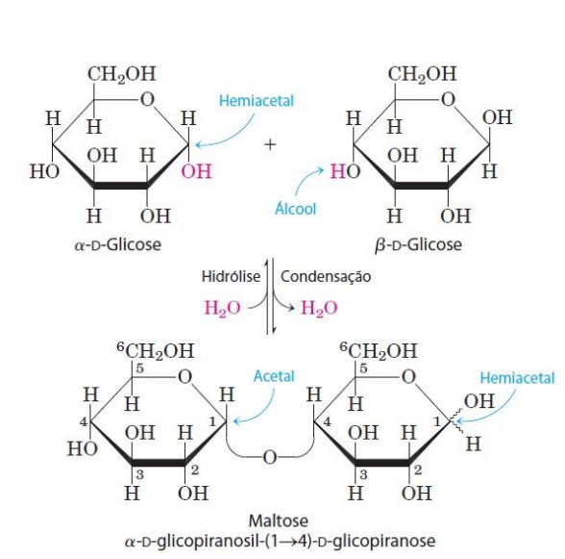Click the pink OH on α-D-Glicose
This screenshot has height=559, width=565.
(x=196, y=171)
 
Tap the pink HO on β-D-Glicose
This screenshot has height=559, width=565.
(x=345, y=171)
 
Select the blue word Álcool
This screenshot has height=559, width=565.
(x=296, y=208)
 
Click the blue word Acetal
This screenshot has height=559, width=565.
(x=274, y=376)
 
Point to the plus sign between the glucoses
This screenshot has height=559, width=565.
(x=270, y=144)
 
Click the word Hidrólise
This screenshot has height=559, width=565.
(x=231, y=277)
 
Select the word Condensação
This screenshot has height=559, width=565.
(x=326, y=277)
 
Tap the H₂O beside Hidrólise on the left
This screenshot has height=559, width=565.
(x=222, y=309)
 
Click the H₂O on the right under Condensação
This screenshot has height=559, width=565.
(x=319, y=309)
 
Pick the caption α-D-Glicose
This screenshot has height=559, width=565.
(x=118, y=244)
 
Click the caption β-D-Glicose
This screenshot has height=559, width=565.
(x=418, y=244)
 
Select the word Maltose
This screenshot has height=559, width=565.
(x=279, y=521)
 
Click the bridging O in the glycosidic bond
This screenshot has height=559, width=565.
(x=270, y=457)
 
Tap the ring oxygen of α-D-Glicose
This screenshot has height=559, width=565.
(x=147, y=99)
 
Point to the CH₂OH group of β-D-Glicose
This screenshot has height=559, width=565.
(x=422, y=74)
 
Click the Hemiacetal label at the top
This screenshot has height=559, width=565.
(x=257, y=101)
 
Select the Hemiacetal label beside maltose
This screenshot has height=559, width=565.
(x=517, y=378)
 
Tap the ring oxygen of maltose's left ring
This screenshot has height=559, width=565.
(x=185, y=377)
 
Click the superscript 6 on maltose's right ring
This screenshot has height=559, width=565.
(x=344, y=346)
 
